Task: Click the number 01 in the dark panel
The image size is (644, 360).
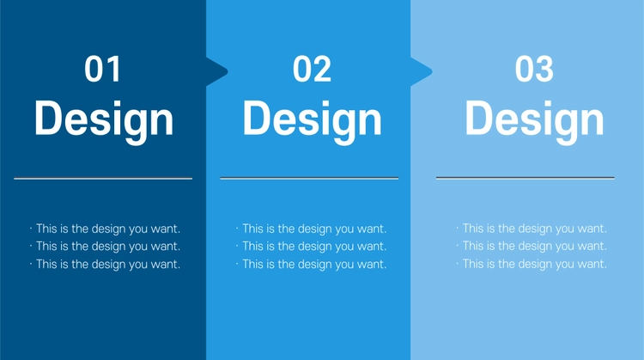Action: (x=102, y=69)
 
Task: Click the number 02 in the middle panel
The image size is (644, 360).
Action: (x=312, y=69)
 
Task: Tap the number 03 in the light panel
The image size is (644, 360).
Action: (x=534, y=69)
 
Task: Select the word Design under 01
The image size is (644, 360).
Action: (x=104, y=121)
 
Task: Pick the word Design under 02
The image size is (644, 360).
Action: (x=313, y=121)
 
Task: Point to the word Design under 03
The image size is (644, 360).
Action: (x=534, y=121)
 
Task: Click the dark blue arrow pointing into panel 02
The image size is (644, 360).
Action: (x=217, y=72)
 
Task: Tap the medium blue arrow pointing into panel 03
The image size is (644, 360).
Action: (x=422, y=72)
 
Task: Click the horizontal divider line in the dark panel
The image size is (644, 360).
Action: (x=103, y=179)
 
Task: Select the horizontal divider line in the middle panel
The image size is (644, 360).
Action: (x=309, y=178)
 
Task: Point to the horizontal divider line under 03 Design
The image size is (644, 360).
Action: (x=526, y=178)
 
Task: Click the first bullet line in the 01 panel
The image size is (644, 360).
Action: (x=105, y=229)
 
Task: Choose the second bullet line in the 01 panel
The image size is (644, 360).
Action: (x=105, y=247)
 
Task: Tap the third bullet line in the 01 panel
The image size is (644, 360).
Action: (x=105, y=265)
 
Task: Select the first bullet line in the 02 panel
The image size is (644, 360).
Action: (x=312, y=229)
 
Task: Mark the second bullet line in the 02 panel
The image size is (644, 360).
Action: (x=312, y=247)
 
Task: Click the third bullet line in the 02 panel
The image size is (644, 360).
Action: (x=312, y=265)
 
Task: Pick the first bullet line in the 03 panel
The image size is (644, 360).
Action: (x=532, y=229)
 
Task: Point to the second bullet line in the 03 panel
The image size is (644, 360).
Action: (x=532, y=247)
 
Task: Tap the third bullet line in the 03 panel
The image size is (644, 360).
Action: (x=532, y=264)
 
